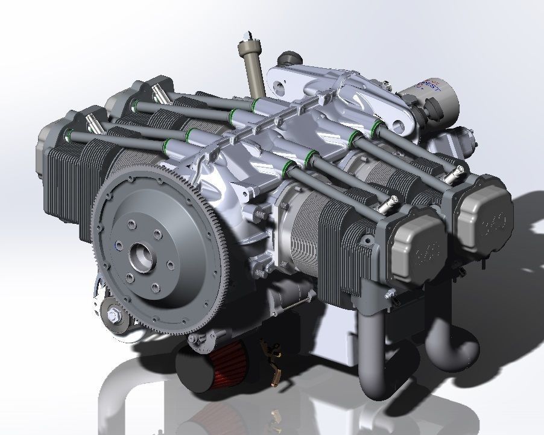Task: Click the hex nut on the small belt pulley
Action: point(113,315)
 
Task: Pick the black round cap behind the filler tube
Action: point(289,59)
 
